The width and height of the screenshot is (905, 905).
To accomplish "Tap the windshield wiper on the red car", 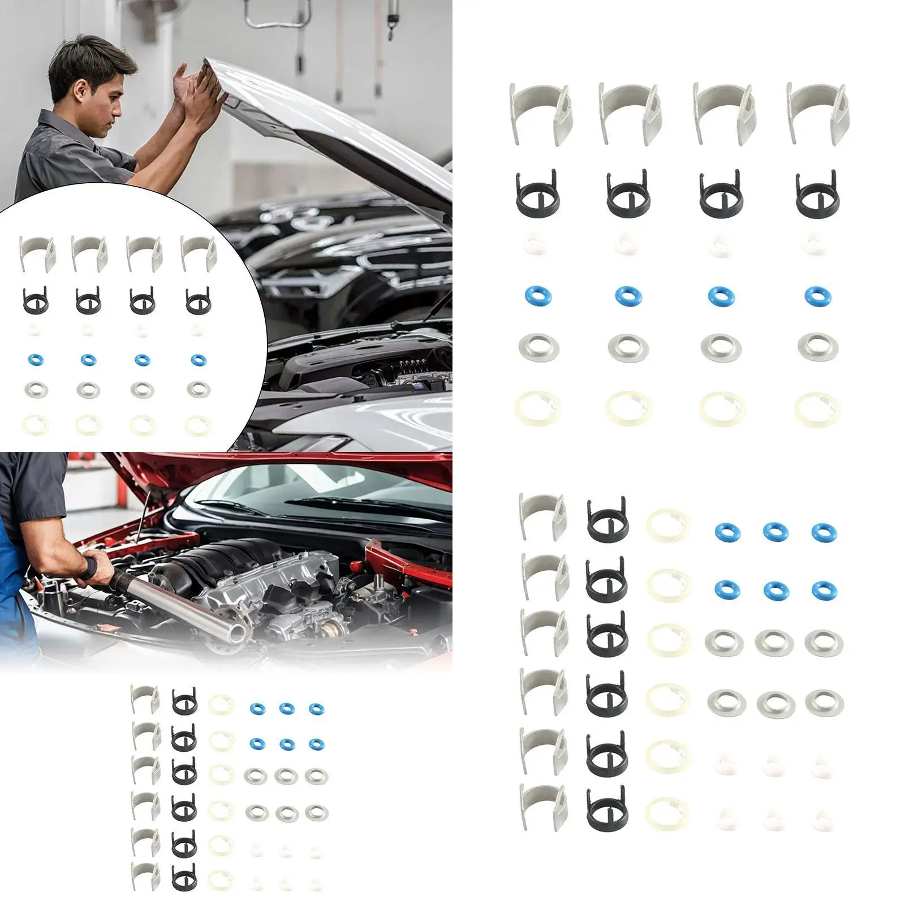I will (339, 502).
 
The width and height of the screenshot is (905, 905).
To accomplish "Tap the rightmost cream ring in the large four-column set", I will (817, 409).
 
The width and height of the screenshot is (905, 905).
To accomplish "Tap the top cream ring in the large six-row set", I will (668, 525).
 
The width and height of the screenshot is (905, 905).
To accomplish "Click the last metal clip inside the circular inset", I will (198, 252).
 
